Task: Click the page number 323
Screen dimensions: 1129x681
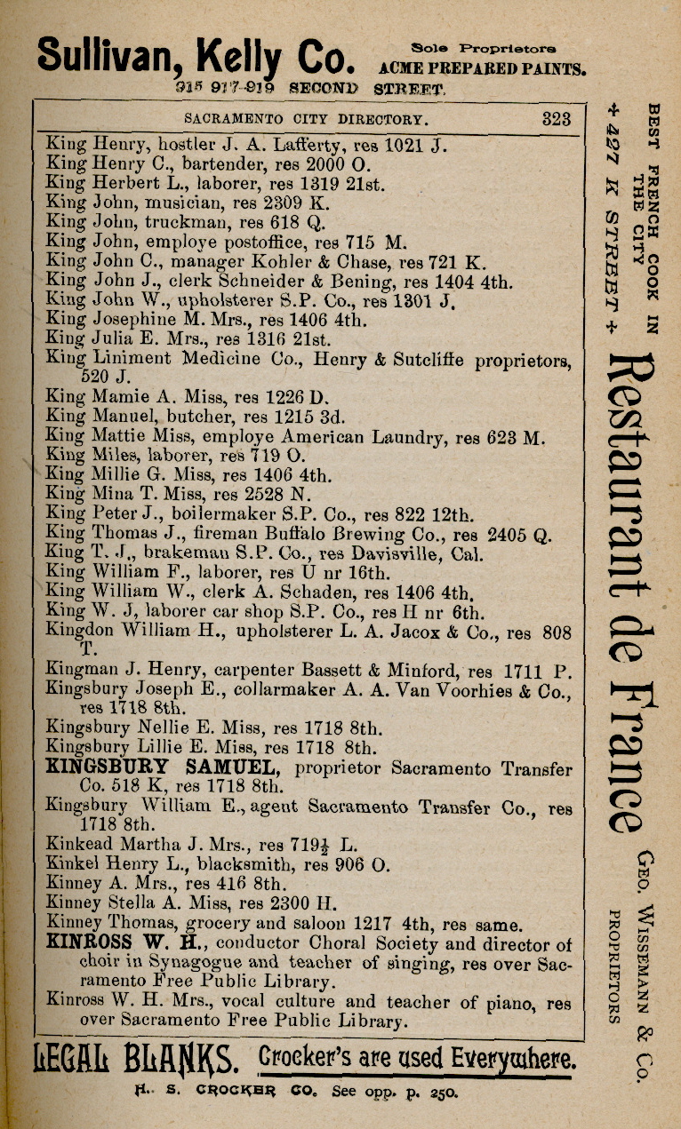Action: click(556, 119)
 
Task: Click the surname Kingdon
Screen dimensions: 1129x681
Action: click(77, 632)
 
